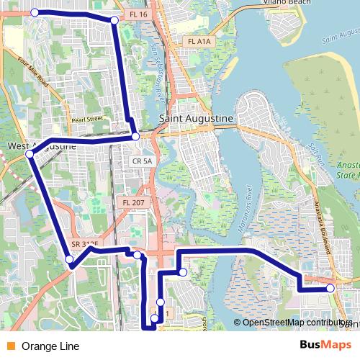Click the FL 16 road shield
tap(139, 14)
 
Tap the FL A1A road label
tap(199, 42)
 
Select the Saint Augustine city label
tap(195, 117)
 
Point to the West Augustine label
tap(41, 145)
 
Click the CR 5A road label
tap(143, 161)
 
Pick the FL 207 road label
tap(133, 204)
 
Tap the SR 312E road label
tap(86, 244)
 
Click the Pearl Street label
tap(87, 118)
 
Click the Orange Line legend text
tap(50, 346)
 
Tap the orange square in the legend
tap(10, 346)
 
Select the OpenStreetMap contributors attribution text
tap(295, 323)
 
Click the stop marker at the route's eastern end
tap(330, 288)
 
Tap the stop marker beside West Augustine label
tap(30, 154)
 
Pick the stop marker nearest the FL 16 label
tap(114, 20)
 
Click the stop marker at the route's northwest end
tap(35, 12)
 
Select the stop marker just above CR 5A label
tap(135, 137)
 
